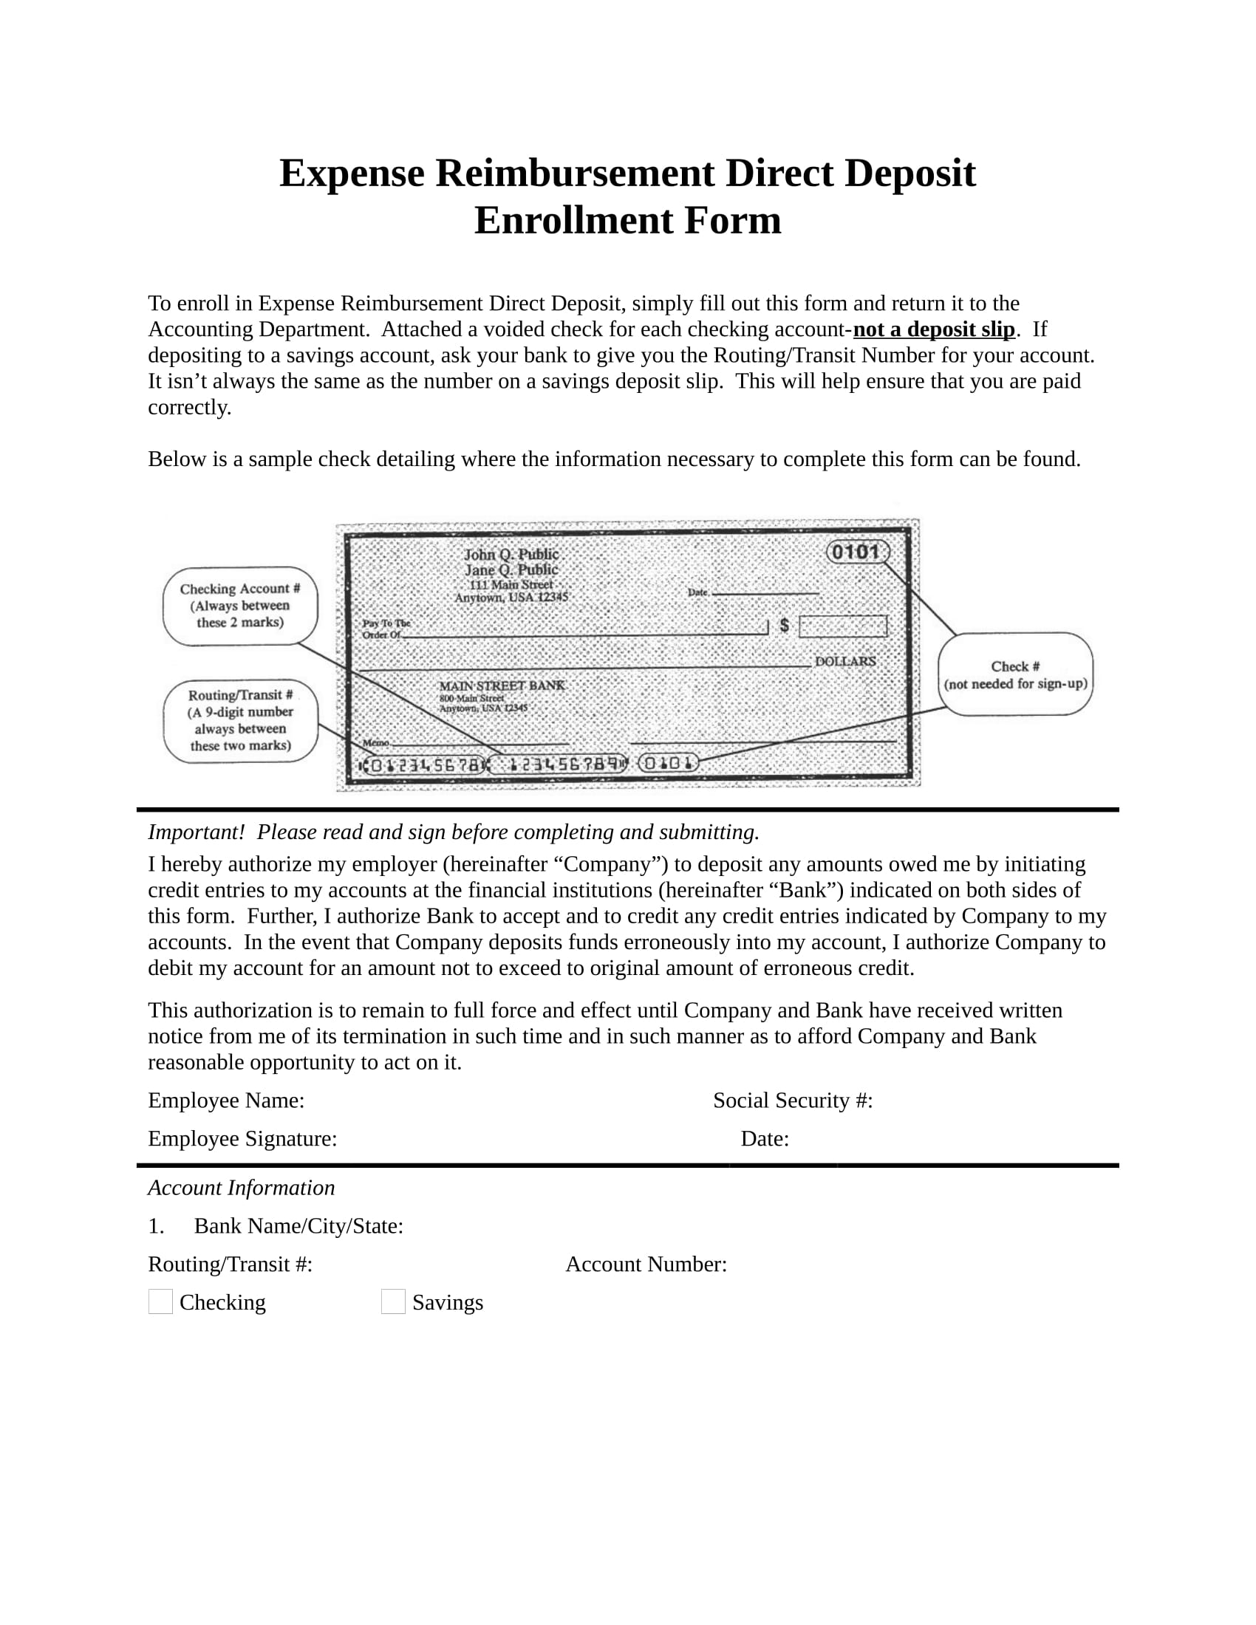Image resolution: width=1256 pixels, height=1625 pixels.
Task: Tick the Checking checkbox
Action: click(160, 1301)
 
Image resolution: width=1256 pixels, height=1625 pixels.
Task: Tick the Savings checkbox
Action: click(393, 1301)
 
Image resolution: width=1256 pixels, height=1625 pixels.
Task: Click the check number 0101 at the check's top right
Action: click(857, 551)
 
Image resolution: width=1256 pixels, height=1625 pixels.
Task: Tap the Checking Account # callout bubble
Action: click(240, 606)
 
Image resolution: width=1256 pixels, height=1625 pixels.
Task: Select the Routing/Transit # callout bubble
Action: click(240, 720)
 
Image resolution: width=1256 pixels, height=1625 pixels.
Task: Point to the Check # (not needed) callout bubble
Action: click(1015, 674)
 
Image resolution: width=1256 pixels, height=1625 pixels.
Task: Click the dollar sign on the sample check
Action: click(784, 625)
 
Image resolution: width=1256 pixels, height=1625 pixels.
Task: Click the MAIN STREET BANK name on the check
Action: click(502, 685)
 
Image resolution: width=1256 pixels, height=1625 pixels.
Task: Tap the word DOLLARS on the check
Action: click(845, 661)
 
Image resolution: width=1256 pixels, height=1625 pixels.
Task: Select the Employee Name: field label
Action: click(226, 1100)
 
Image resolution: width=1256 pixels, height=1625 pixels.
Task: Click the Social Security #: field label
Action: click(793, 1100)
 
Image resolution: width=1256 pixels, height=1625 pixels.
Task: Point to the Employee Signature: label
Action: click(242, 1138)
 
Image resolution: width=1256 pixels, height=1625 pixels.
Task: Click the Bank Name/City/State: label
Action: click(298, 1225)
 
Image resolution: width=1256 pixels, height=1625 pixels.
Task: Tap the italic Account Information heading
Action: click(241, 1188)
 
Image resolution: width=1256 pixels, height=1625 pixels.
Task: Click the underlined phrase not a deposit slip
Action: click(934, 329)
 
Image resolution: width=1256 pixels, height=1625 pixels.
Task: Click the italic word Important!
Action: click(197, 832)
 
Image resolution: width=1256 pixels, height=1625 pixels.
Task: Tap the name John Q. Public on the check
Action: click(511, 553)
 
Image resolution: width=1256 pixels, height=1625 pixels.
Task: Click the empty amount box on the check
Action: click(843, 626)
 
